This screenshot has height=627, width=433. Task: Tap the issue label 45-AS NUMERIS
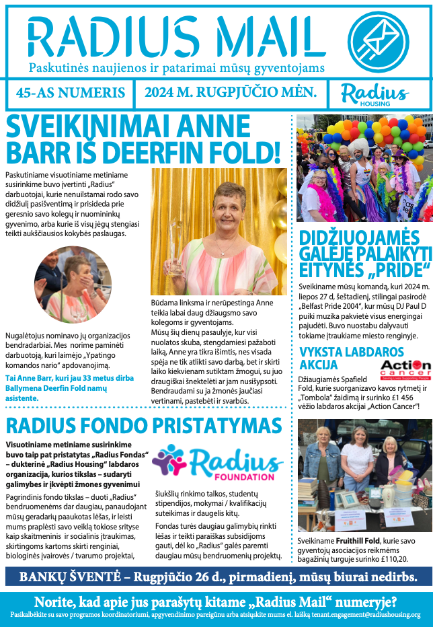[x=70, y=93]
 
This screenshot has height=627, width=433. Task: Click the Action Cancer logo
[x=405, y=367]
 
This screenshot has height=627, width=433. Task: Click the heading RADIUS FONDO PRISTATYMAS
[x=143, y=426]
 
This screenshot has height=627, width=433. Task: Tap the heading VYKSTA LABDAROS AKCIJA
[x=351, y=359]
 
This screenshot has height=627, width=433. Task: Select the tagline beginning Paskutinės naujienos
[x=177, y=68]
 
